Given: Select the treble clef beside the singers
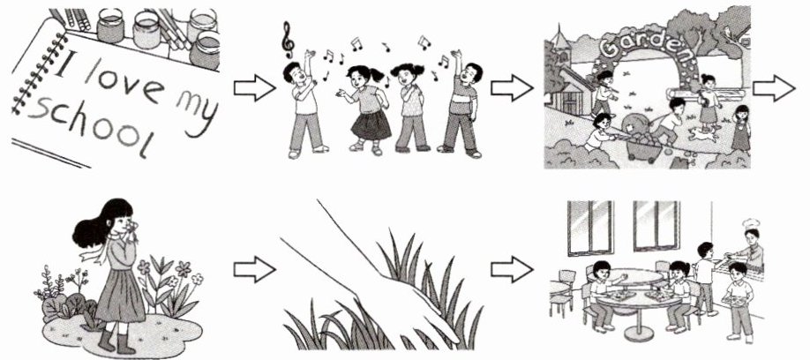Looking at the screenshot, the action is [x=288, y=40].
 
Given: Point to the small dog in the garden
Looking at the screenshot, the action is [x=701, y=135].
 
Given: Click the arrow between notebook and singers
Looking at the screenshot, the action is [x=254, y=88].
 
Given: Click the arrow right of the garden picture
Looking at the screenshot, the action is [x=774, y=88].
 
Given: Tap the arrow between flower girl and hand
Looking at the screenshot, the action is [x=254, y=269].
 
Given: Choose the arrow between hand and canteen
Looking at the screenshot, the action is [x=512, y=269].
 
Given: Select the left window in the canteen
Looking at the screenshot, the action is [x=590, y=228].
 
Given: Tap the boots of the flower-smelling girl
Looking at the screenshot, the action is [x=116, y=341].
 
